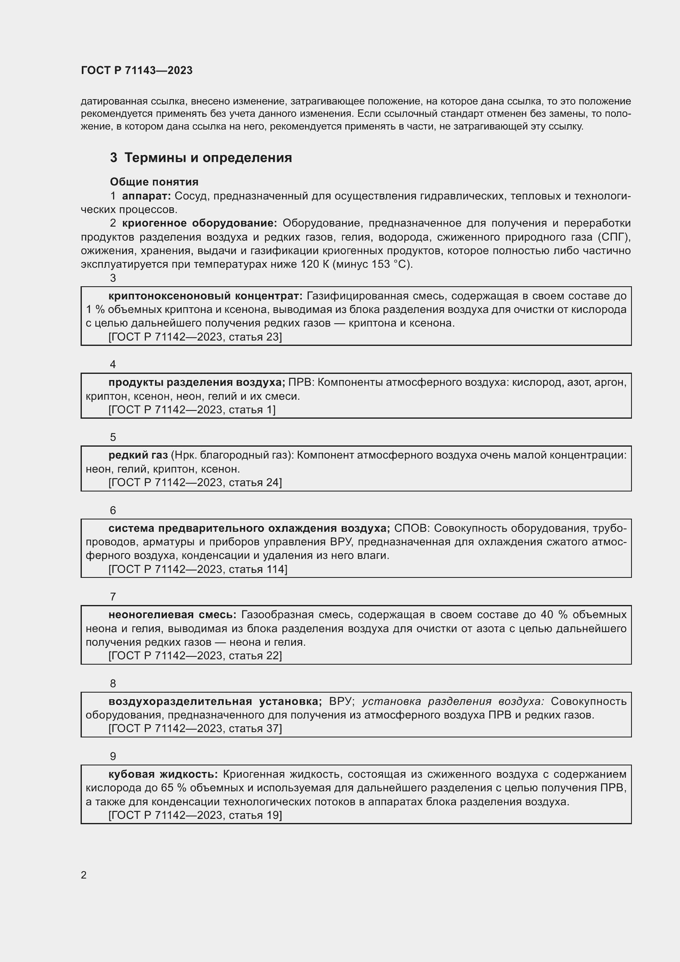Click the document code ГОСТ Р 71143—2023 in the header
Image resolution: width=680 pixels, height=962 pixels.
click(136, 70)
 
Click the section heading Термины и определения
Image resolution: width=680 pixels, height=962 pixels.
click(208, 158)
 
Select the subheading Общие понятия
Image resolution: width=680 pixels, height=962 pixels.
click(154, 182)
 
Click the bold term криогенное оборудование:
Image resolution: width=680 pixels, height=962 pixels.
click(199, 223)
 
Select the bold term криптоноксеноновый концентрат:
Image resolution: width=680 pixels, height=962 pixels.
click(205, 296)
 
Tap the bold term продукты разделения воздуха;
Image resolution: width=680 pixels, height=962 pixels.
click(197, 382)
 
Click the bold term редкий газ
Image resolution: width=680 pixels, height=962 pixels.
click(138, 455)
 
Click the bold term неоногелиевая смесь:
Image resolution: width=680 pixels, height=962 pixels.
click(172, 614)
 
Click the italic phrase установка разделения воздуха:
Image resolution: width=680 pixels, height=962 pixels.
click(453, 701)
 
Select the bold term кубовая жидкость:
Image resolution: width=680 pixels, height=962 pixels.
click(163, 774)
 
